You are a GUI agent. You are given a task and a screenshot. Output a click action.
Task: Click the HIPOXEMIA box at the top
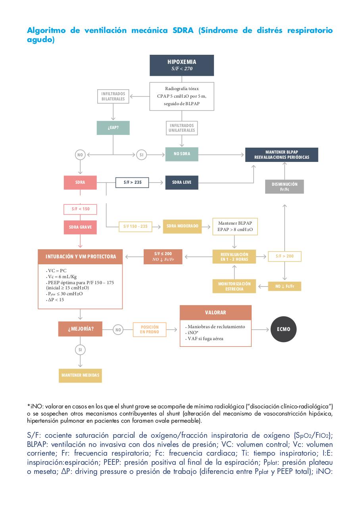point(181,65)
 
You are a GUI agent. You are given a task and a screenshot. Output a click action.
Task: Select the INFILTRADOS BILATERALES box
point(113,96)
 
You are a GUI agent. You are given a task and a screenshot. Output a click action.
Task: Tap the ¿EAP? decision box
point(113,128)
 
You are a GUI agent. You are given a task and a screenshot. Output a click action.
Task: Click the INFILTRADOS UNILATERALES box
point(182,128)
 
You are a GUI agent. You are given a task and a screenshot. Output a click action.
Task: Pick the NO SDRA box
point(182,154)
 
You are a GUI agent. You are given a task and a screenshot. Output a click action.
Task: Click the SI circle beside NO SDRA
point(141,155)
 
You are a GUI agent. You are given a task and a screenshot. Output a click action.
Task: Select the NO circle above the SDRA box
point(80,155)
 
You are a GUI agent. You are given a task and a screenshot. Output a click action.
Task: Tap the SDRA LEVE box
point(182,182)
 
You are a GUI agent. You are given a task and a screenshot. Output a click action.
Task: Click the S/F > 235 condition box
point(132,183)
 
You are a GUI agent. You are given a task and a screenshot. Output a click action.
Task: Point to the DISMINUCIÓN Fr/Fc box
point(284,187)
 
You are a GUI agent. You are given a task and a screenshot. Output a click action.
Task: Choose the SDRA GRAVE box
point(80,227)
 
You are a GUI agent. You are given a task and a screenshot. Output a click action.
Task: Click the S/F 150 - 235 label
point(135,227)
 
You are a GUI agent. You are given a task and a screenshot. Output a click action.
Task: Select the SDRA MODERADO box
point(182,226)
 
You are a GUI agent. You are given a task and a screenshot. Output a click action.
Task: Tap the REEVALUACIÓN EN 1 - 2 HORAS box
point(234,257)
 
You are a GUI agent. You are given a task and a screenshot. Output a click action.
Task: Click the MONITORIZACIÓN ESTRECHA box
point(234,286)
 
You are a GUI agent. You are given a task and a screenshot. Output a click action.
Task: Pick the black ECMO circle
point(283,329)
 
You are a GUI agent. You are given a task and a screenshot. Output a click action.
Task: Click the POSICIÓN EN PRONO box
point(150,329)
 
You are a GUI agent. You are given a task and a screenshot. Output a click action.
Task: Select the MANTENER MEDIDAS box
point(80,375)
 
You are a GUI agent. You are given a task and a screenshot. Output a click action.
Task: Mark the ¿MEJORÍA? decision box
point(80,329)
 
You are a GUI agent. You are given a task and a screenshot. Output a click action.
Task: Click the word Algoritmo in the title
point(46,31)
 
